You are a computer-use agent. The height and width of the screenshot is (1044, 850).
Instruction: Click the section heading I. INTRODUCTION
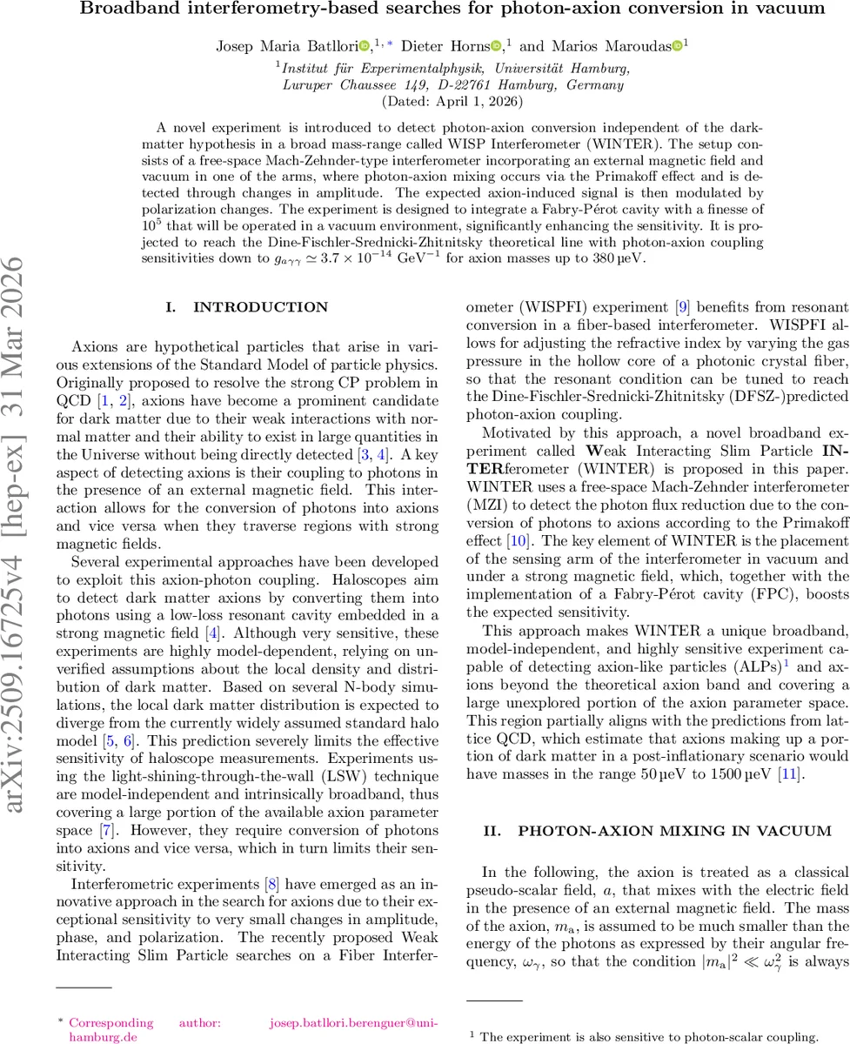(x=248, y=307)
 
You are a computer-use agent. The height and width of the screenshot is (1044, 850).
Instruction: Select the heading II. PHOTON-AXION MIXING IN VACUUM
(x=646, y=831)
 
